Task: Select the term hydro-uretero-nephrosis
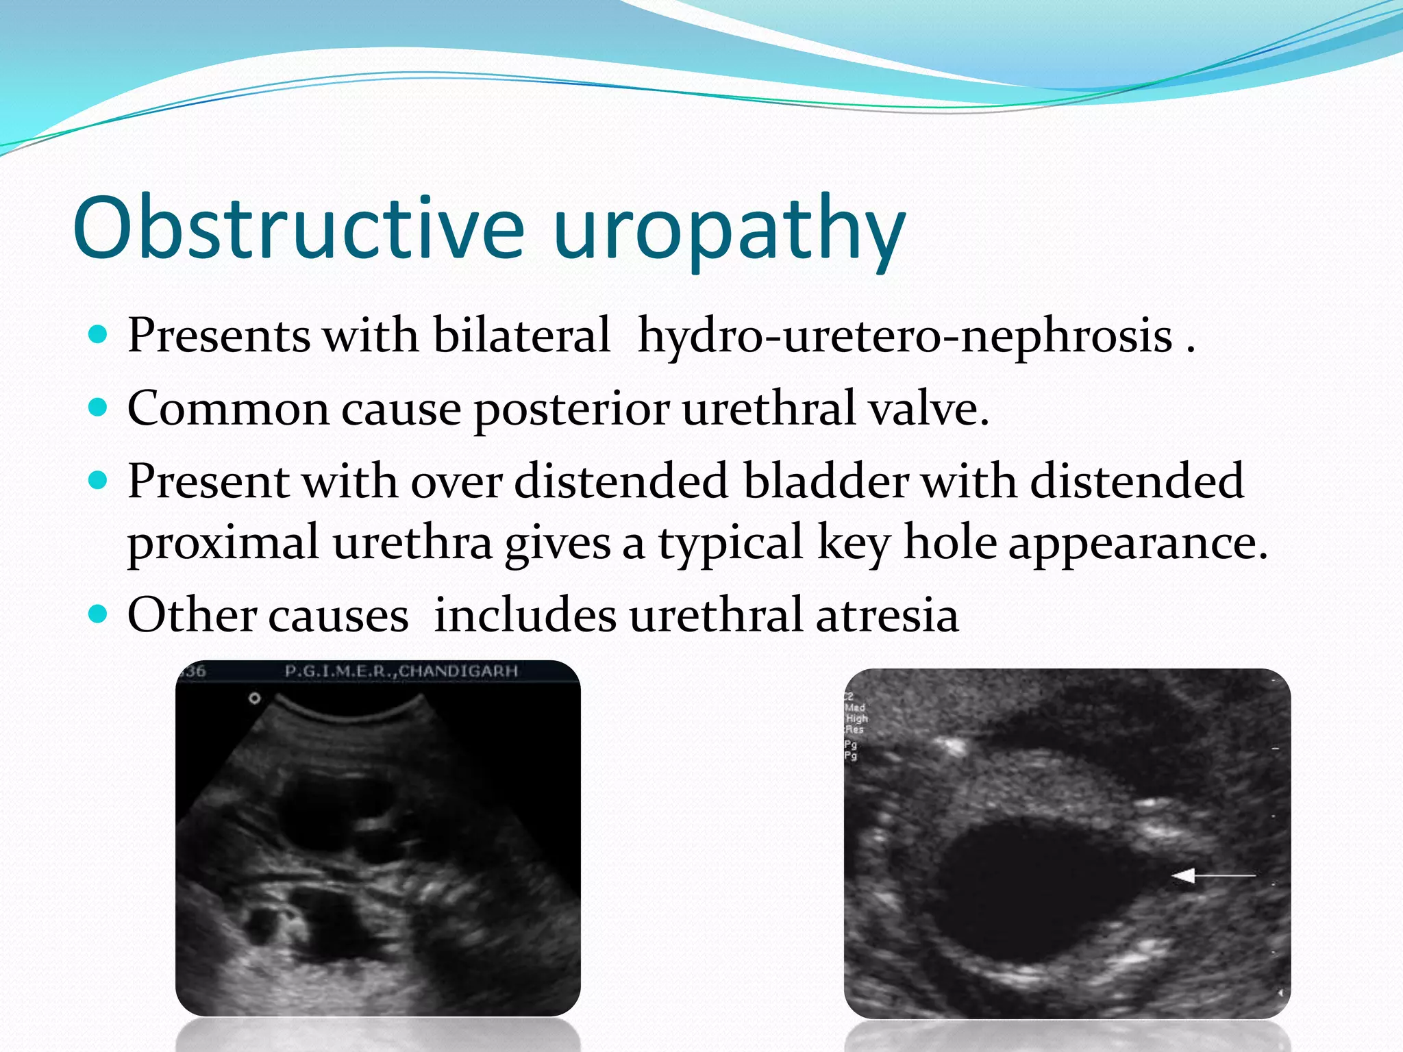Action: (904, 336)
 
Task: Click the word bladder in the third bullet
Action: (826, 480)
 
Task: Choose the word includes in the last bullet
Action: (525, 614)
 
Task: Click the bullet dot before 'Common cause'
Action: (99, 408)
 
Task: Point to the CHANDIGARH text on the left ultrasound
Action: (458, 671)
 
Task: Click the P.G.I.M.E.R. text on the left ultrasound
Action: (338, 671)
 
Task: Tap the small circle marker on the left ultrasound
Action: (255, 699)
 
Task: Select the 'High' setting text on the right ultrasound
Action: (856, 718)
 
